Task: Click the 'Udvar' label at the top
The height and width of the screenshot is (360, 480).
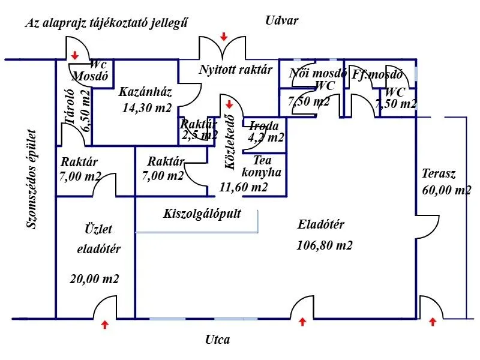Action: (x=281, y=20)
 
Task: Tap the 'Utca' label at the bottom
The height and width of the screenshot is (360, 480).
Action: (x=217, y=340)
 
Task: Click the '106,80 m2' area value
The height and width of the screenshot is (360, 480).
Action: (x=325, y=245)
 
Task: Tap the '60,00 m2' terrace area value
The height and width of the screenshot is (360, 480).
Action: (x=446, y=191)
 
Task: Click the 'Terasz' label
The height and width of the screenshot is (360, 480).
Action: (x=439, y=175)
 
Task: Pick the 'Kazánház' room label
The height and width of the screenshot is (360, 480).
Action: (x=145, y=92)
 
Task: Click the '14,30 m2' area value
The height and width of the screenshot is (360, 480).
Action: (x=147, y=109)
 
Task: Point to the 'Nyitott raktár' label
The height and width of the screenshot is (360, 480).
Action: (x=236, y=70)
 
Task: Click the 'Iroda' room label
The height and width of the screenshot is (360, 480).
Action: (x=263, y=126)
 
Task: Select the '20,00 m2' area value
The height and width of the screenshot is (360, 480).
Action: (x=95, y=279)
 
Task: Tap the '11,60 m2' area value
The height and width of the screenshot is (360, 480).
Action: (x=244, y=187)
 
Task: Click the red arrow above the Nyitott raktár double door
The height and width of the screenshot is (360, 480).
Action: (x=224, y=37)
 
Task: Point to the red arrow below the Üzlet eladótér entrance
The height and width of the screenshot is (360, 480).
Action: (x=106, y=325)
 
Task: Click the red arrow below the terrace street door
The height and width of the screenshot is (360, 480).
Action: (x=433, y=322)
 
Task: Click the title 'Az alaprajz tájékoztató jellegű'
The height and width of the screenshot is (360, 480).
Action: (x=107, y=23)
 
